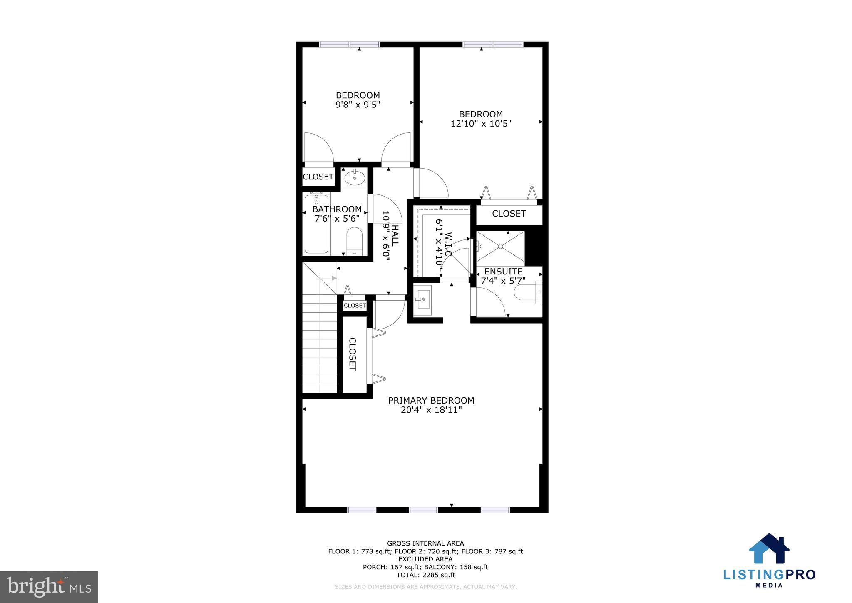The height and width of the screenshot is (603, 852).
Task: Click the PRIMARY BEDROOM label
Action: click(431, 401)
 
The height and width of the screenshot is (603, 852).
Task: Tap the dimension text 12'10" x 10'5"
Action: click(481, 124)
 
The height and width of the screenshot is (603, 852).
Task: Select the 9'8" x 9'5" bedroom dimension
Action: click(358, 105)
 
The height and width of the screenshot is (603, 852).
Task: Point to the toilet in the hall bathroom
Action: click(355, 241)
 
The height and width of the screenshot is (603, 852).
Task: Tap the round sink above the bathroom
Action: click(355, 178)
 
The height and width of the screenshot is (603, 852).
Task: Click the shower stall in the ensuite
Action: click(500, 247)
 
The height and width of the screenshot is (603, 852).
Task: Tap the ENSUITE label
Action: click(503, 272)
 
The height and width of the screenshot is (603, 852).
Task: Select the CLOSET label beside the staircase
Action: click(352, 354)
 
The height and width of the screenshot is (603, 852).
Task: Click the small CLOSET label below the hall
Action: click(355, 306)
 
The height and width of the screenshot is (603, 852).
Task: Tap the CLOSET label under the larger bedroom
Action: click(509, 214)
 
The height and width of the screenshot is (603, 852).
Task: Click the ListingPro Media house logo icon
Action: click(769, 548)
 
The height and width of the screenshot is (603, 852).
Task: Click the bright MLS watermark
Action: click(49, 587)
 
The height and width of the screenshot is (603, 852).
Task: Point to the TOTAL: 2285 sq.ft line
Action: click(425, 575)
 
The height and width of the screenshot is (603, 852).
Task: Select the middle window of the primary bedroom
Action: click(423, 510)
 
